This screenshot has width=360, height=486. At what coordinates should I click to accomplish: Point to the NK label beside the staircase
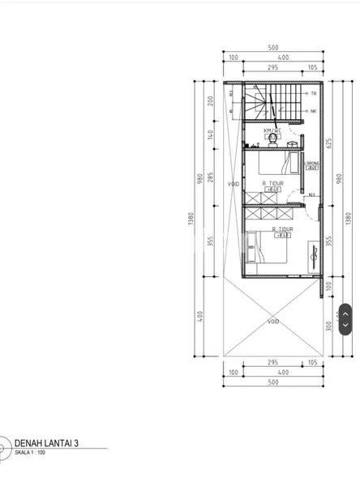[x=313, y=111]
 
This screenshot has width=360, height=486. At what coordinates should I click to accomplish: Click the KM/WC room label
[x=272, y=130]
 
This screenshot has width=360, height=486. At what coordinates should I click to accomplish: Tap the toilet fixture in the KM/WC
[x=272, y=139]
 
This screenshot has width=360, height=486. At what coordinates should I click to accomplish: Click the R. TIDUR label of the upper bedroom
[x=272, y=184]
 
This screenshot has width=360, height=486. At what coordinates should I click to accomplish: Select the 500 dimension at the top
[x=273, y=48]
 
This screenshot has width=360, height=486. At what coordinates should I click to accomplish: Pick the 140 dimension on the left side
[x=208, y=134]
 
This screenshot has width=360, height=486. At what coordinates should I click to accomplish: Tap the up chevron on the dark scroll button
[x=345, y=311]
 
